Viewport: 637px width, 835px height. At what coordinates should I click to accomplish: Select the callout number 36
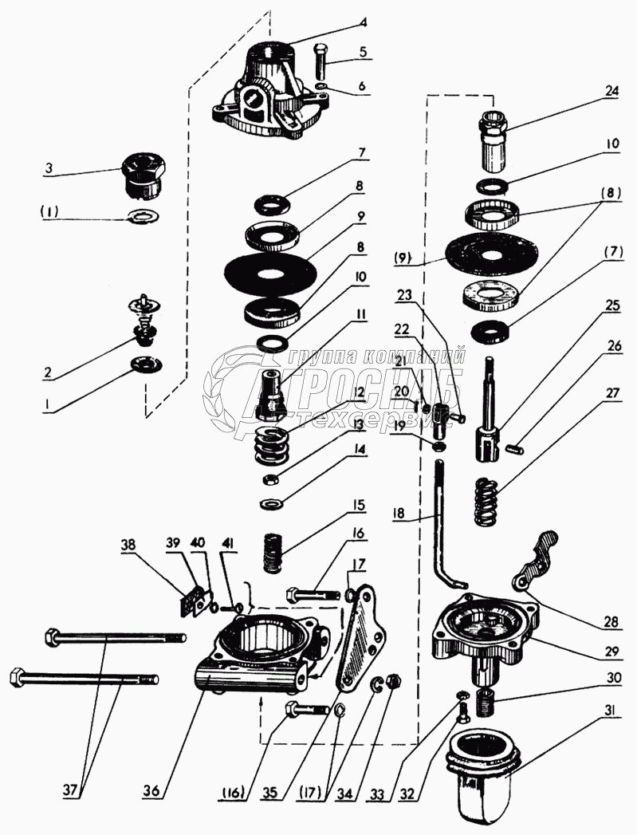(152, 791)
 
